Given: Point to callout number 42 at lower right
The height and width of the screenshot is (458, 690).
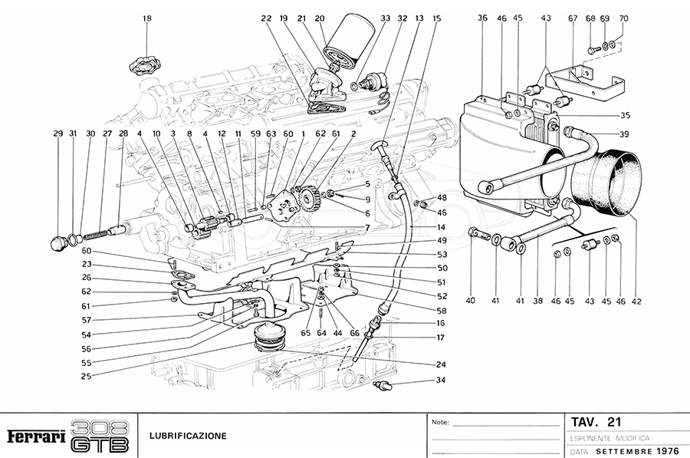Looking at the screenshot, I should coord(636,301).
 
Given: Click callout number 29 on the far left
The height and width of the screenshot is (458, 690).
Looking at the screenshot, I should coord(58,133).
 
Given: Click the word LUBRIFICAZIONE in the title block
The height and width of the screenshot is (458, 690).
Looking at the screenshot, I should coord(189,437).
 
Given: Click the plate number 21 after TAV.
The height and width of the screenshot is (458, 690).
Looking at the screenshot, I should coord(613,421).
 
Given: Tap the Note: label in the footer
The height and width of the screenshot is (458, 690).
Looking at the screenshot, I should coord(440,423).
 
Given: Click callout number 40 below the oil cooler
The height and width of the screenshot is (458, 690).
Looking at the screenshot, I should coord(471,301).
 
